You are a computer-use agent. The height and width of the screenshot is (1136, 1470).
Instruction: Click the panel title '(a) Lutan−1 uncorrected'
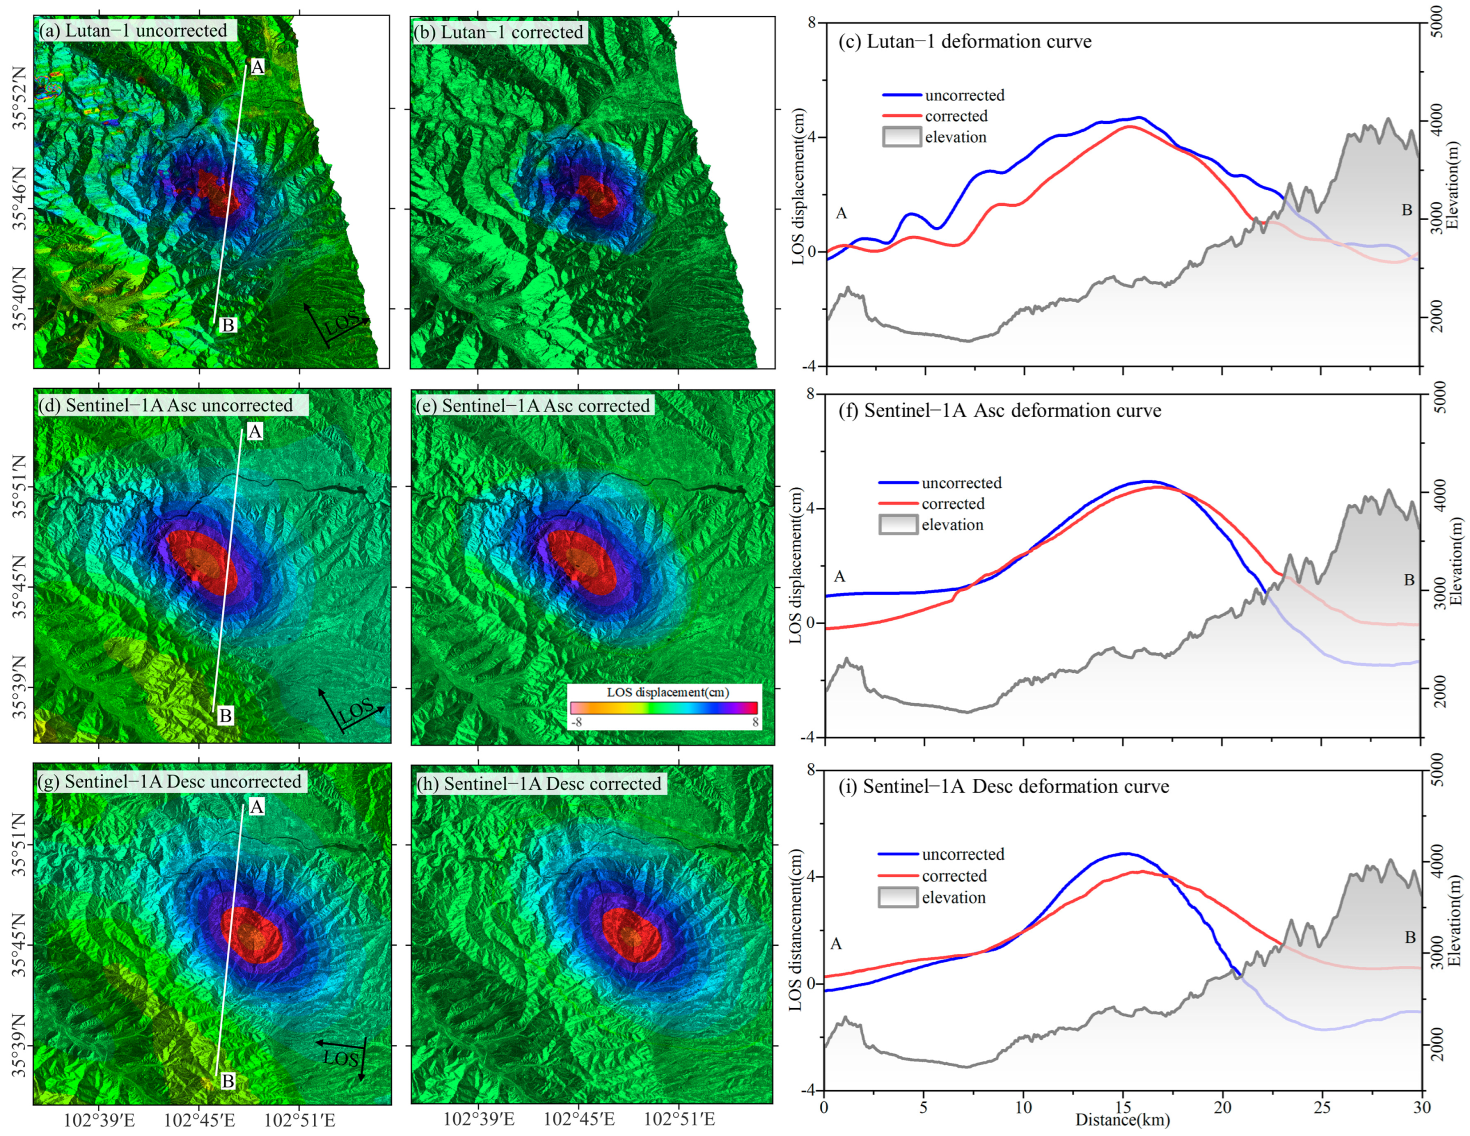[133, 30]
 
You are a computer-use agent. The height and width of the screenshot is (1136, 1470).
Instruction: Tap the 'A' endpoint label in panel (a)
[257, 66]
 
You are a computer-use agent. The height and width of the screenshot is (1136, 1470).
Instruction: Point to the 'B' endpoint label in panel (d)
[226, 715]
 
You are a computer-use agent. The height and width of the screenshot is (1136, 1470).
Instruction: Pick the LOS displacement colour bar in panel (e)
[663, 707]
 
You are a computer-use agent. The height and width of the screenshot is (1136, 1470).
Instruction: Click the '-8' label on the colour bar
[577, 722]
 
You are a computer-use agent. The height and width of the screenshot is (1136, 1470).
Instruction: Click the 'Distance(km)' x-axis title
[1122, 1120]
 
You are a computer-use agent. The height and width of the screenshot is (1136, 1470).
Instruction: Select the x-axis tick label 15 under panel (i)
[1123, 1106]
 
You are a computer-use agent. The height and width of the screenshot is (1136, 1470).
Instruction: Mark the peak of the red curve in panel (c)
[1131, 126]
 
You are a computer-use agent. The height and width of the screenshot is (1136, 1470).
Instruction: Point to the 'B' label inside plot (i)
[1410, 937]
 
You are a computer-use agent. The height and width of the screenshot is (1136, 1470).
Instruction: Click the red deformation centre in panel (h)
[630, 934]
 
